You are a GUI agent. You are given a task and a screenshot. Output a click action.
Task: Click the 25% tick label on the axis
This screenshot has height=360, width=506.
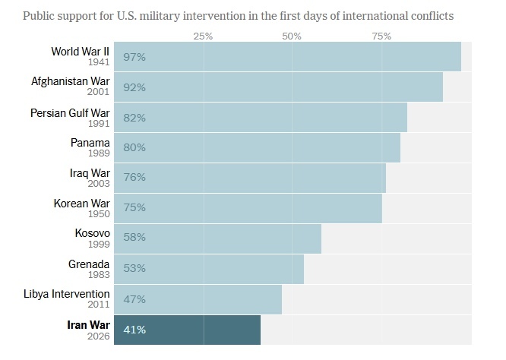[x=203, y=36]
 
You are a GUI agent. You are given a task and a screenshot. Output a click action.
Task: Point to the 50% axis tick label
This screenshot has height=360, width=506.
[x=292, y=36]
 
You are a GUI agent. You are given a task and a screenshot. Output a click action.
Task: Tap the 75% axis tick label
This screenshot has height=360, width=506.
[x=381, y=36]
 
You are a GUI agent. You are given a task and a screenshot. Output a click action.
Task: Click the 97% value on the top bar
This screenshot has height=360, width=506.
[x=134, y=57]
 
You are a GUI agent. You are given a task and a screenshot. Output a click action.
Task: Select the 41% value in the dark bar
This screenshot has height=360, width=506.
[x=134, y=330]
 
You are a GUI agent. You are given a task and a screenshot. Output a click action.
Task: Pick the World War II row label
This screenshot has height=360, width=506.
[x=80, y=52]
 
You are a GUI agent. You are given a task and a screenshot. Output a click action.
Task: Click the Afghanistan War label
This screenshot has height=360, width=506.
[x=70, y=82]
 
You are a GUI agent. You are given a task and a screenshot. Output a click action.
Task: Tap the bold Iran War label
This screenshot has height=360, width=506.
[x=88, y=324]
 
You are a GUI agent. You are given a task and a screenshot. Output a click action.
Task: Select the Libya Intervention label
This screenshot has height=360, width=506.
[x=65, y=294]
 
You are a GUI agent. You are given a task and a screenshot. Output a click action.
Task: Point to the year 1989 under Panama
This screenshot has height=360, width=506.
[x=98, y=153]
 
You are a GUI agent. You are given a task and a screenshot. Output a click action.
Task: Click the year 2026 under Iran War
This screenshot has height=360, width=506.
[x=98, y=335]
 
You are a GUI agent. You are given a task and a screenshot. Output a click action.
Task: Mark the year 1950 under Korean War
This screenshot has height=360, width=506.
[x=98, y=213]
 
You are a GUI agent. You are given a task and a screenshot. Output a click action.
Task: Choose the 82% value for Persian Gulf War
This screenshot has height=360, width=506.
[x=134, y=118]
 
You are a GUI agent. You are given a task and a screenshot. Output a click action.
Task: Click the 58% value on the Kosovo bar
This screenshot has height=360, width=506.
[x=134, y=237]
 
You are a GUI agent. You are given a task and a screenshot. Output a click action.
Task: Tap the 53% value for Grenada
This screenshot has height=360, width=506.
[x=134, y=267]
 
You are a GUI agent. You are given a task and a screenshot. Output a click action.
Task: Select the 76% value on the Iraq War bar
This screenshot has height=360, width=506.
[x=134, y=178]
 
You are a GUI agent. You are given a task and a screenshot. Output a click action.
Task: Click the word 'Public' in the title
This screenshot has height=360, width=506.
[x=40, y=15]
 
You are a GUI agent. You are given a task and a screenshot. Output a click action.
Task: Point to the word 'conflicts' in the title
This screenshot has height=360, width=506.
[x=442, y=15]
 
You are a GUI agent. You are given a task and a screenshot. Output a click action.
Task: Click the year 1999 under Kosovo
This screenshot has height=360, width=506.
[x=98, y=244]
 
